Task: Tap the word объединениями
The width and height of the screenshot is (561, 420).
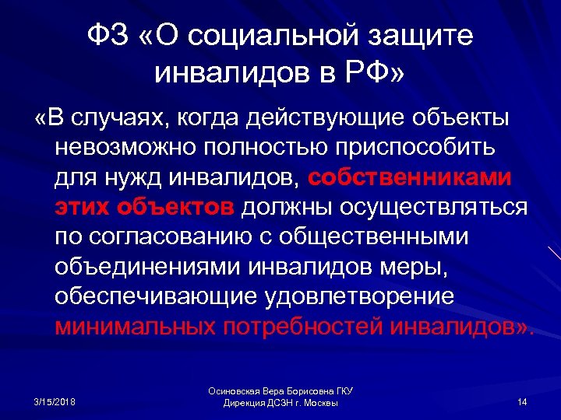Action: coord(149,265)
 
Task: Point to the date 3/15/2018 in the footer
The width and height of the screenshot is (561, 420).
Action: coord(55,401)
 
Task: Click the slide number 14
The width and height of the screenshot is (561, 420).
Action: coord(522,401)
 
